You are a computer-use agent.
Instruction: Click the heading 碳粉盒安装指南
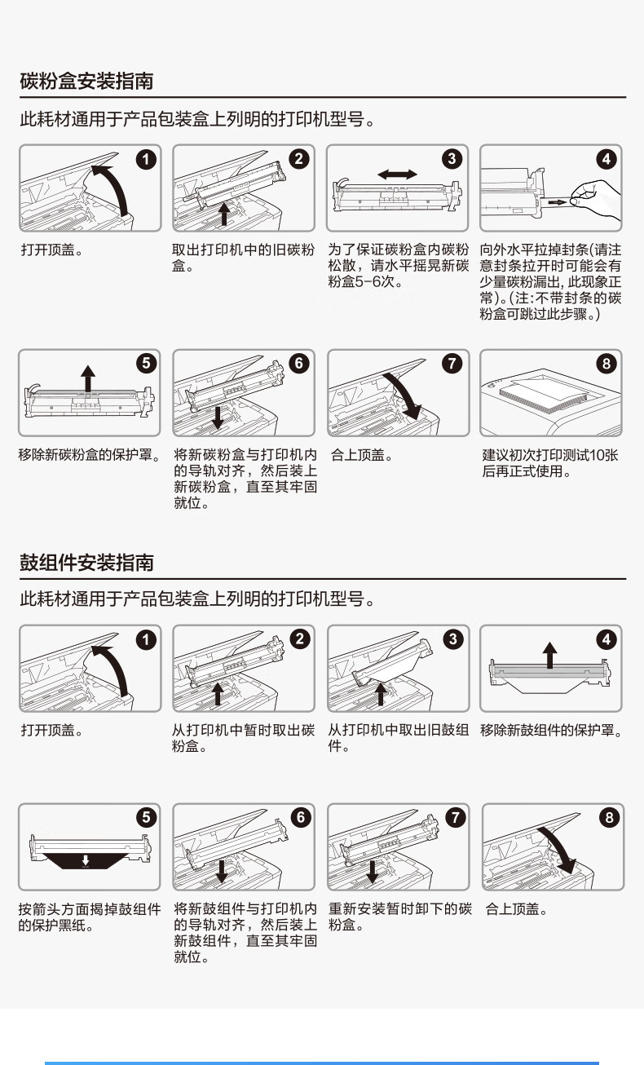point(86,81)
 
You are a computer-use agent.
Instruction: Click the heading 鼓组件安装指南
point(86,563)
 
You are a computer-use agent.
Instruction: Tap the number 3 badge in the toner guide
point(452,159)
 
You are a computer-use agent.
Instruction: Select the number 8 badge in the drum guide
point(609,818)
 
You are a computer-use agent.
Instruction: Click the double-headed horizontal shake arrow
point(397,175)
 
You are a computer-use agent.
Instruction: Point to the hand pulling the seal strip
point(594,200)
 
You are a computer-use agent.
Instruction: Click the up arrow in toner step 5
point(87,379)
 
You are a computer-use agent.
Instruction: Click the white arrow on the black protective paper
point(85,860)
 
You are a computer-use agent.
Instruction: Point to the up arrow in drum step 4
point(550,655)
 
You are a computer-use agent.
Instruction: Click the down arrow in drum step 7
point(373,872)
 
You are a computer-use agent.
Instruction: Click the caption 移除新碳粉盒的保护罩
point(90,455)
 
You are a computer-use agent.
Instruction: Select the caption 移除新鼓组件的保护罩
point(551,731)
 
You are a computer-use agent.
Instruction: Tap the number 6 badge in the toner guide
point(299,364)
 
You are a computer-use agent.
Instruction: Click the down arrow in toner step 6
point(218,418)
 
